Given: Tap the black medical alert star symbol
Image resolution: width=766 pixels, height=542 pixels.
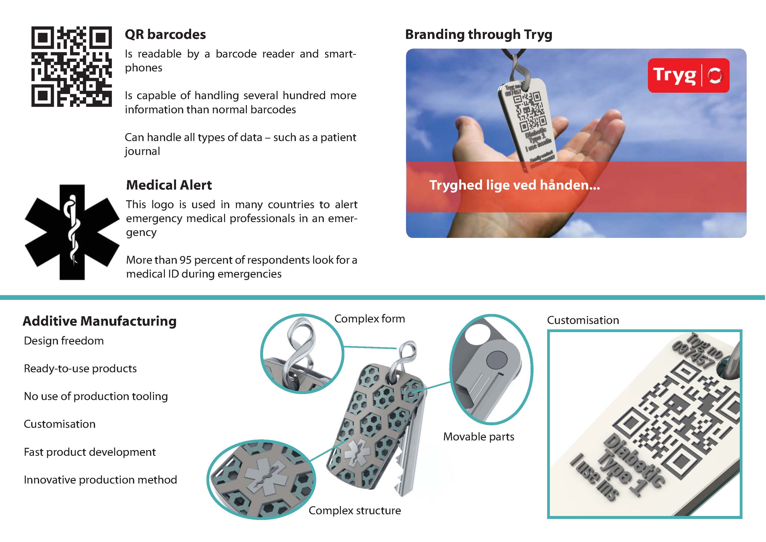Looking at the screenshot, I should point(72,232).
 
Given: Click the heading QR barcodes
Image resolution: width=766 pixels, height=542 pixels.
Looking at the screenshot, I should point(165,34).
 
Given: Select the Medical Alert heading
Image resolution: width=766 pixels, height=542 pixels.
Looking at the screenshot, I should point(169,185).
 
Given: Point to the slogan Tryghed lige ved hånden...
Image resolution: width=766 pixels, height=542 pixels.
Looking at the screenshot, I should point(514,185).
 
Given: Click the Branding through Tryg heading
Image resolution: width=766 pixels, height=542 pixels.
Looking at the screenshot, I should point(478,34).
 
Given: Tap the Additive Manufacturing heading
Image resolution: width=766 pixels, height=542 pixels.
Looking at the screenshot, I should point(100,321).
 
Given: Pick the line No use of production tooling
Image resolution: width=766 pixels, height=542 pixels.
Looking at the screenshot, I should point(96,396).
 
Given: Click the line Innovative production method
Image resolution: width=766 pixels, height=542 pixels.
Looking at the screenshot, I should point(100,480).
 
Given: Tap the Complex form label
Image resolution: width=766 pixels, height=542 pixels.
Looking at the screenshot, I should point(369,319).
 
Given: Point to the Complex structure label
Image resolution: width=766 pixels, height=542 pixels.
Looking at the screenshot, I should point(354,510).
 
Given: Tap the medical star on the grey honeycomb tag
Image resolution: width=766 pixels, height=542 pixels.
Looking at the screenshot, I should point(357,453).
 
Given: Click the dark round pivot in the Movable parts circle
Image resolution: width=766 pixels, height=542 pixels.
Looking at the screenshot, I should point(496,360).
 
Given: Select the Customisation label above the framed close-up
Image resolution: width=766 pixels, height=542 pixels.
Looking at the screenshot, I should point(583,320).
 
